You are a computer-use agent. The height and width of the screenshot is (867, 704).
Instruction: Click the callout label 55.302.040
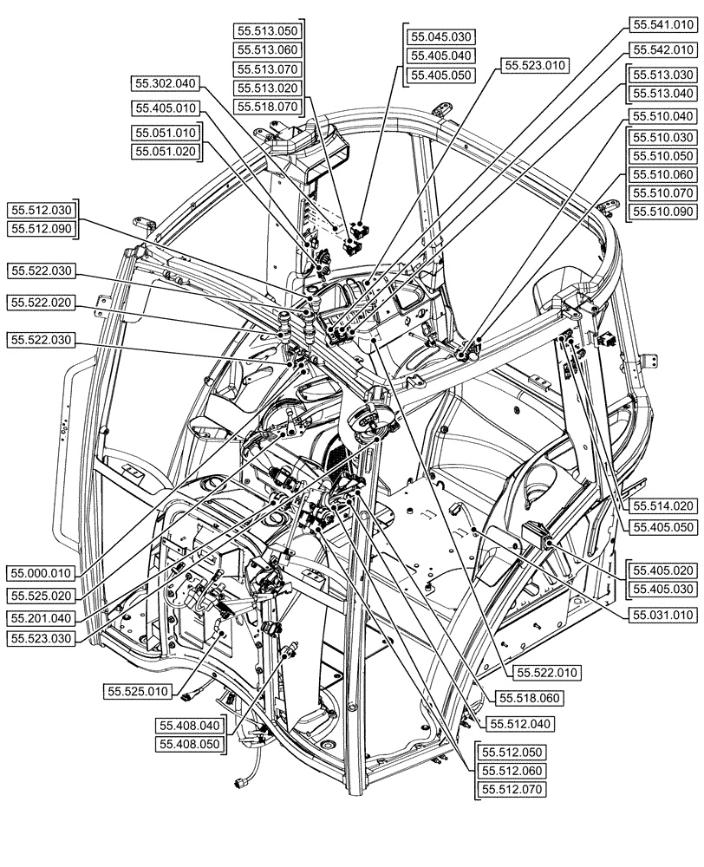[166, 84]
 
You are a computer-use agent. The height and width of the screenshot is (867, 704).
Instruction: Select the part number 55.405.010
[166, 108]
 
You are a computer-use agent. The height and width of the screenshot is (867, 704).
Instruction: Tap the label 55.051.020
[166, 151]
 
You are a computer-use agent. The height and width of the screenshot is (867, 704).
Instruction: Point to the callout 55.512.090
[42, 228]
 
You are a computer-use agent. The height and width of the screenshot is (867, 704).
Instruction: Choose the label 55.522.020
[42, 303]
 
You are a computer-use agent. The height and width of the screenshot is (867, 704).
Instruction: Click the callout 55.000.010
[42, 573]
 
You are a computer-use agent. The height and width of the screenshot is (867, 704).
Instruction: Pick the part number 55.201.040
[42, 616]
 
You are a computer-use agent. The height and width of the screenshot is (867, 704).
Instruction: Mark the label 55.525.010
[140, 692]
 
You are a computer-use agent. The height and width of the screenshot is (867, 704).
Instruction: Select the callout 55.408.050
[190, 744]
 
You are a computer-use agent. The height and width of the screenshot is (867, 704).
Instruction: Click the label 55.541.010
[662, 26]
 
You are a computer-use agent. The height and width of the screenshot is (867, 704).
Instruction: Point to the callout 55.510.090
[662, 212]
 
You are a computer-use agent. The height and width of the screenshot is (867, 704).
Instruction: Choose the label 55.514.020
[662, 505]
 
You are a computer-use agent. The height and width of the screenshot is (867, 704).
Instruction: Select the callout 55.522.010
[547, 672]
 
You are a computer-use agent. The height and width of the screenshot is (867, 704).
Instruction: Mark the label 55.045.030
[443, 36]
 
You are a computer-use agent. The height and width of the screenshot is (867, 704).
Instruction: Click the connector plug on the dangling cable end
[240, 783]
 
